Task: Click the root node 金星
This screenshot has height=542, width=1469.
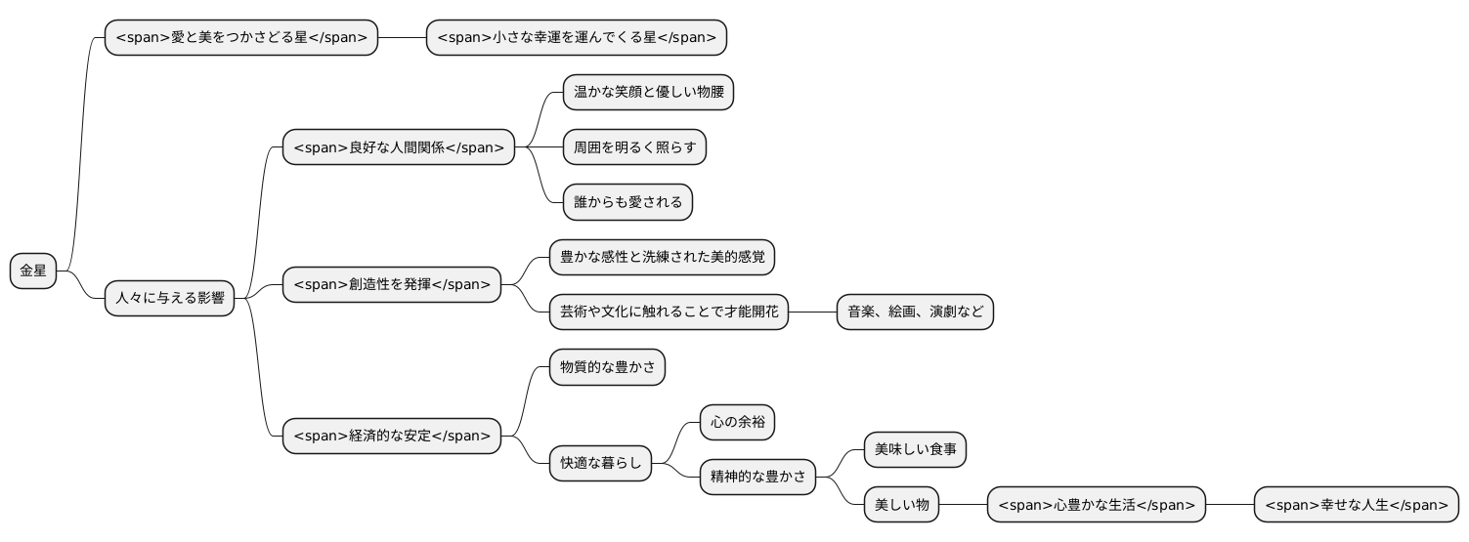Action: tap(33, 271)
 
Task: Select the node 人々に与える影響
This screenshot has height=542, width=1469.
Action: tap(170, 298)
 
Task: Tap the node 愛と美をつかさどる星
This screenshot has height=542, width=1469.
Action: tap(240, 38)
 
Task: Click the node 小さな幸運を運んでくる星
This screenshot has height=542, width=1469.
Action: tap(576, 38)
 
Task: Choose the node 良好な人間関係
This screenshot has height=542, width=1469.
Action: tap(398, 147)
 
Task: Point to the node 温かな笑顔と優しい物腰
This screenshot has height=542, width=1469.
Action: tap(648, 93)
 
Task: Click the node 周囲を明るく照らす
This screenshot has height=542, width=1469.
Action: tap(634, 147)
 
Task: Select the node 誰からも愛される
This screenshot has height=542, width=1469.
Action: tap(627, 202)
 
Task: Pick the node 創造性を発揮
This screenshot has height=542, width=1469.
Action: tap(391, 284)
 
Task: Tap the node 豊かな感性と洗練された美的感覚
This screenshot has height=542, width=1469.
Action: tap(662, 257)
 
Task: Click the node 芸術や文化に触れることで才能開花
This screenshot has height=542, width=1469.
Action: tap(669, 312)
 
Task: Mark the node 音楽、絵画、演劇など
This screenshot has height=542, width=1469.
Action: tap(915, 312)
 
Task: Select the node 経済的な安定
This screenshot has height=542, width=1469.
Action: tap(391, 436)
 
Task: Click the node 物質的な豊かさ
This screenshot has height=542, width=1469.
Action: tap(607, 367)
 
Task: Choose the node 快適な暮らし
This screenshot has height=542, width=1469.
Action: tap(600, 463)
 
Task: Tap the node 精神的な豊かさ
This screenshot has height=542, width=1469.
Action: tap(757, 477)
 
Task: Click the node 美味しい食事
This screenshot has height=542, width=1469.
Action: tap(915, 449)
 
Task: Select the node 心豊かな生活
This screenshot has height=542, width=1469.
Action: tap(1096, 505)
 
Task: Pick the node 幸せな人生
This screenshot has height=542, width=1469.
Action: tap(1356, 505)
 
